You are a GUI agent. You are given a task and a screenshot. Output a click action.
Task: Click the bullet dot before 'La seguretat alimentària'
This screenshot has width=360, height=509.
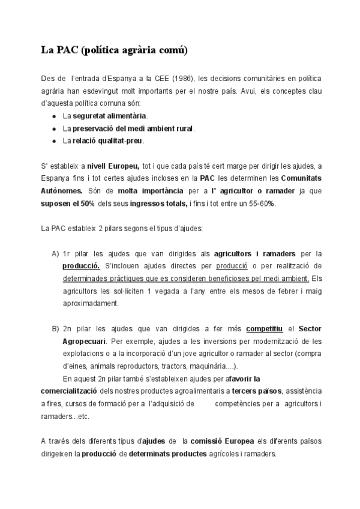[55, 116]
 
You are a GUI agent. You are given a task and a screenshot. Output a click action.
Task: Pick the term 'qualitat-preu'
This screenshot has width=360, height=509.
[123, 141]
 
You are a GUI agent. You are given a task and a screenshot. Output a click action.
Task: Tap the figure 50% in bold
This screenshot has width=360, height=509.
[83, 203]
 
